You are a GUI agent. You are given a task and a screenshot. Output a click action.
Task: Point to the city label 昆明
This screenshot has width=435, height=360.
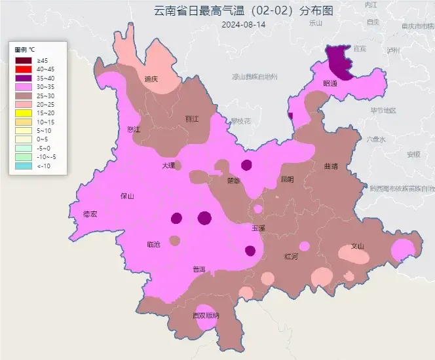coord(287,179)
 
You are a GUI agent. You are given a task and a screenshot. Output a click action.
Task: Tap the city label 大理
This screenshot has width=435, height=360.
coord(168,166)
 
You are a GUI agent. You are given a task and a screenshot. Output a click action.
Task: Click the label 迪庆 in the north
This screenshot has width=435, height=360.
coord(151,79)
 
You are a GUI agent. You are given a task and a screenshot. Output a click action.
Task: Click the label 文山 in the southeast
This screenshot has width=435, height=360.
coord(358,247)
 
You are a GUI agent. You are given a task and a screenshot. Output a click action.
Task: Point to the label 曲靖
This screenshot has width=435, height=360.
coord(331,166)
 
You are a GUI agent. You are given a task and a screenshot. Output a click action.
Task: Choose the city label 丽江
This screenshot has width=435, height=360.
coord(192,119)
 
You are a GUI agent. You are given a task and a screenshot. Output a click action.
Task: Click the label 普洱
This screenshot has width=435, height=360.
coord(199,270)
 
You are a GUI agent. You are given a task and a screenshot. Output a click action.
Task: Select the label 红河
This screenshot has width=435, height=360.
coord(292,256)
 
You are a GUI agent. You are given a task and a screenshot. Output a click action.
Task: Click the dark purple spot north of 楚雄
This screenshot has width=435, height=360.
coord(246,164)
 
